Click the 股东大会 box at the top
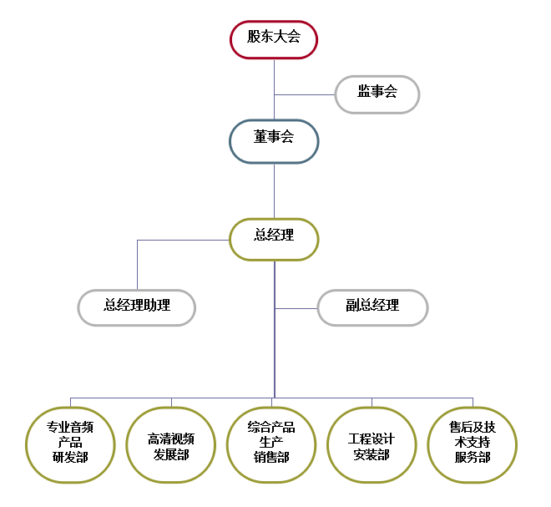274,38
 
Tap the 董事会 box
274,139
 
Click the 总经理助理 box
137,307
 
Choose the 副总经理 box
372,307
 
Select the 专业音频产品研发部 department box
70,444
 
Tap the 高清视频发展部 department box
171,444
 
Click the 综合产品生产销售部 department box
272,444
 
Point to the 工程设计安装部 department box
372,444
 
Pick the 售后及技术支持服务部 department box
473,444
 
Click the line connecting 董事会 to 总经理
274,190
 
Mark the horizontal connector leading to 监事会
304,94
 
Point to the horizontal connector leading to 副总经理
296,308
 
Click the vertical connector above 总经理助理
137,265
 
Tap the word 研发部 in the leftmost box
70,457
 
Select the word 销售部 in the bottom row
272,457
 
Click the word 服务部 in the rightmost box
473,457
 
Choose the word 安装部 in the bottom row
372,454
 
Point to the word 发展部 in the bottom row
171,454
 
